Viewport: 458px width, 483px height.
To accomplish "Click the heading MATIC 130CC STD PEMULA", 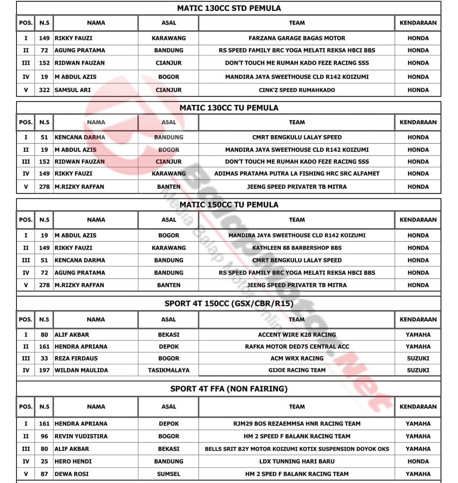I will click(229, 8).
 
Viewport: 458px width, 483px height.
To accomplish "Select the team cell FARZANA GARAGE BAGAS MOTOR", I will click(297, 38).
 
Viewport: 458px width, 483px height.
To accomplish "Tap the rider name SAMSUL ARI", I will click(73, 90).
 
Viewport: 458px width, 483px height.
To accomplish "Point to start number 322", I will click(44, 90).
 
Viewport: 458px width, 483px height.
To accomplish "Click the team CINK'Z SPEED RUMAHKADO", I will click(297, 90).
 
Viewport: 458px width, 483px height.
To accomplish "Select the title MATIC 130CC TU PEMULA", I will click(229, 108).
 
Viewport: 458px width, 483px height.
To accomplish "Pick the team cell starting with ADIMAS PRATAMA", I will click(297, 174).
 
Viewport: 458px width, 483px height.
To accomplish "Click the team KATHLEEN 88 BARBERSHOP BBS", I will click(297, 248).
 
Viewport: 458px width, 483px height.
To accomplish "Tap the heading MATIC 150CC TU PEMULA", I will click(229, 205).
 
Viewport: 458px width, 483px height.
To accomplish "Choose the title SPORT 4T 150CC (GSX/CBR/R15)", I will click(229, 303).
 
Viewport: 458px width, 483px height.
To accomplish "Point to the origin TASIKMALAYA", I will click(169, 370).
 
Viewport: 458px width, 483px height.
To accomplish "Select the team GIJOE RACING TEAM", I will click(297, 370).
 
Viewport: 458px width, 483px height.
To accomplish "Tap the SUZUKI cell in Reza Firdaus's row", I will click(418, 358).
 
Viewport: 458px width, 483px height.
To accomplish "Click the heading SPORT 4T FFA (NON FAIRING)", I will click(229, 389).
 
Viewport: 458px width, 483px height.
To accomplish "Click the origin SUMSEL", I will click(169, 474).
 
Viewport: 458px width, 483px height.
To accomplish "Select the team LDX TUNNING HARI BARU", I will click(297, 461).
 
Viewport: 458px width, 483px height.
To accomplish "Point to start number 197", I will click(44, 370).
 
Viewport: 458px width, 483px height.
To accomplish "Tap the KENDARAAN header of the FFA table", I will click(418, 406).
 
